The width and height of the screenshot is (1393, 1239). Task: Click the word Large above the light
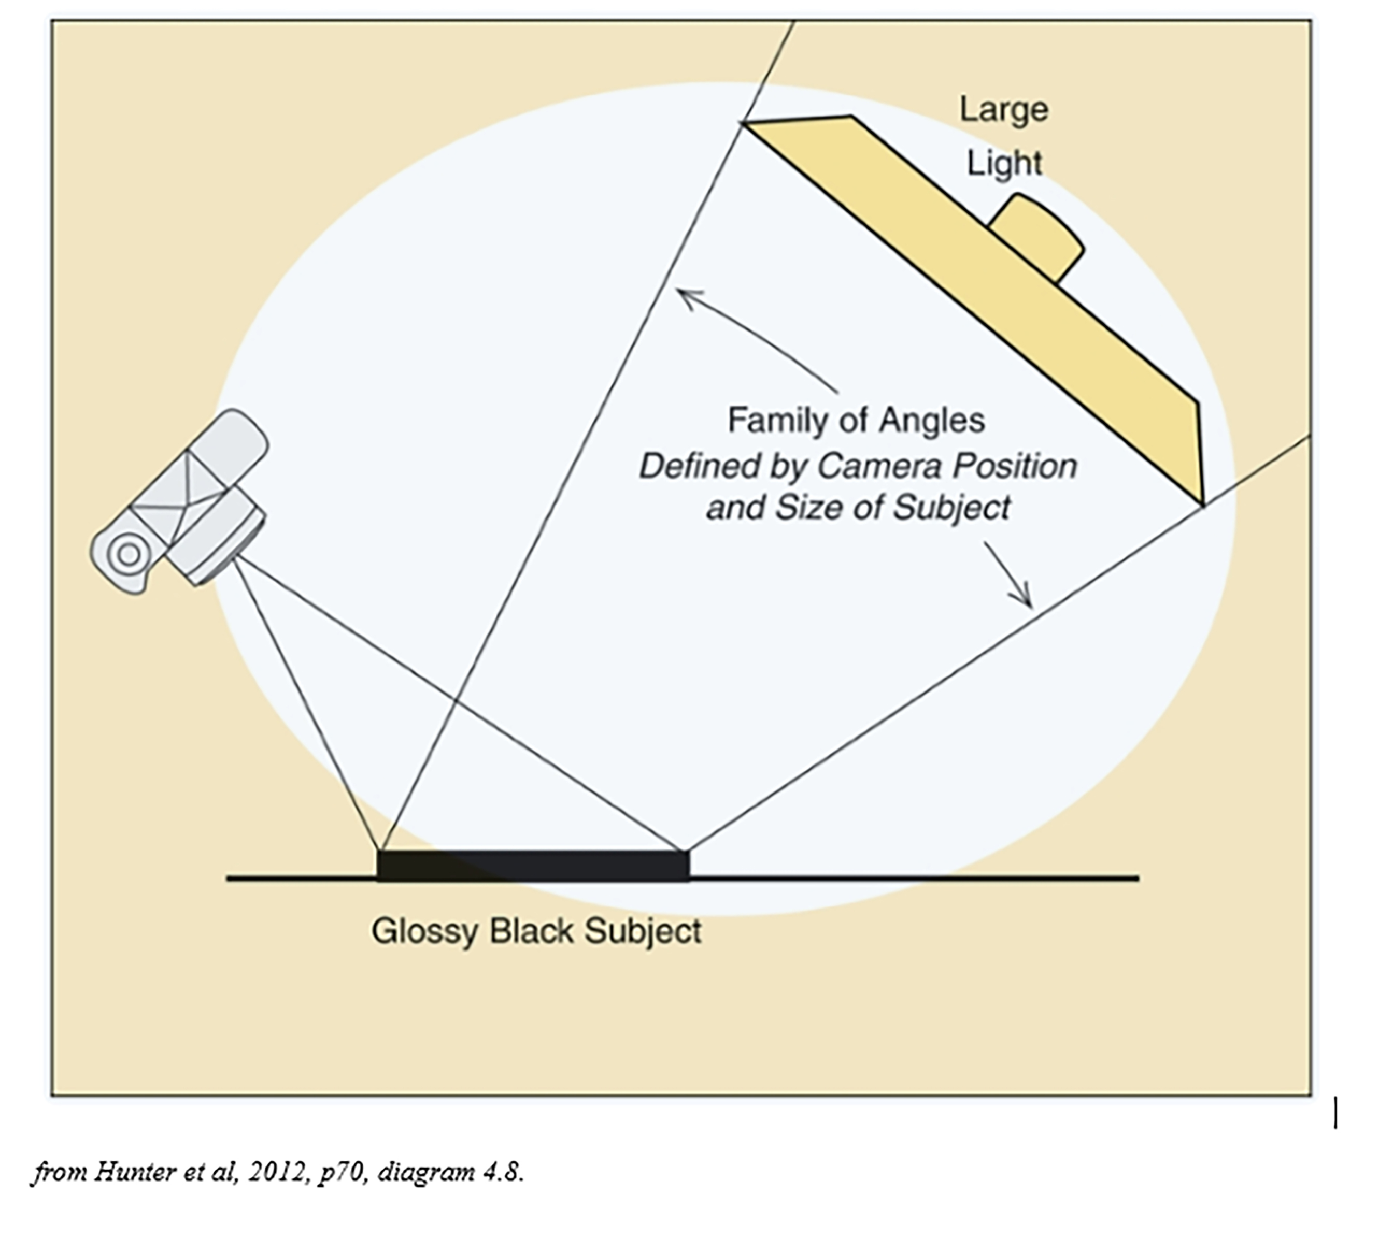[x=1003, y=110]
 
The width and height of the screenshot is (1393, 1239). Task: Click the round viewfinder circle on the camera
[x=128, y=554]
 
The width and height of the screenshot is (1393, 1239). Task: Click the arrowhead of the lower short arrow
[x=1027, y=601]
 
